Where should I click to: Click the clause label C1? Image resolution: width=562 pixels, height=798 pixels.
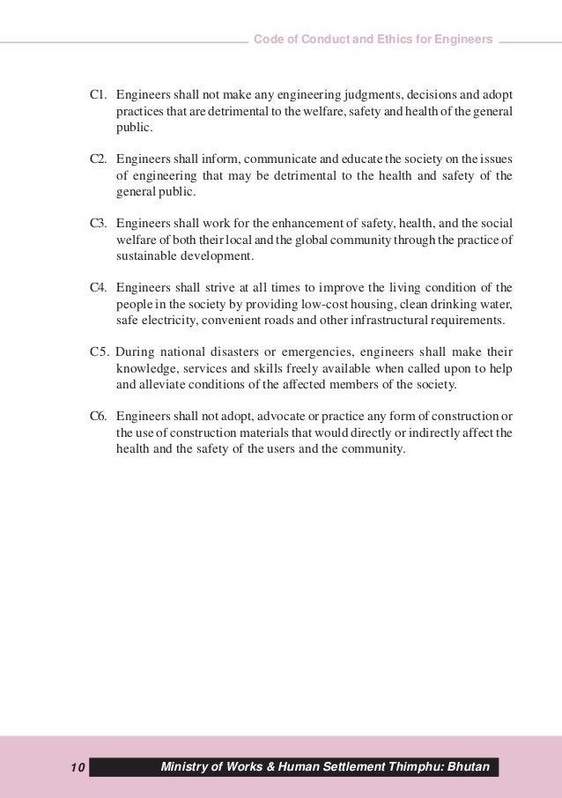[100, 94]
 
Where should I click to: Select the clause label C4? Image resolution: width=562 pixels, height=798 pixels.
[100, 287]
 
